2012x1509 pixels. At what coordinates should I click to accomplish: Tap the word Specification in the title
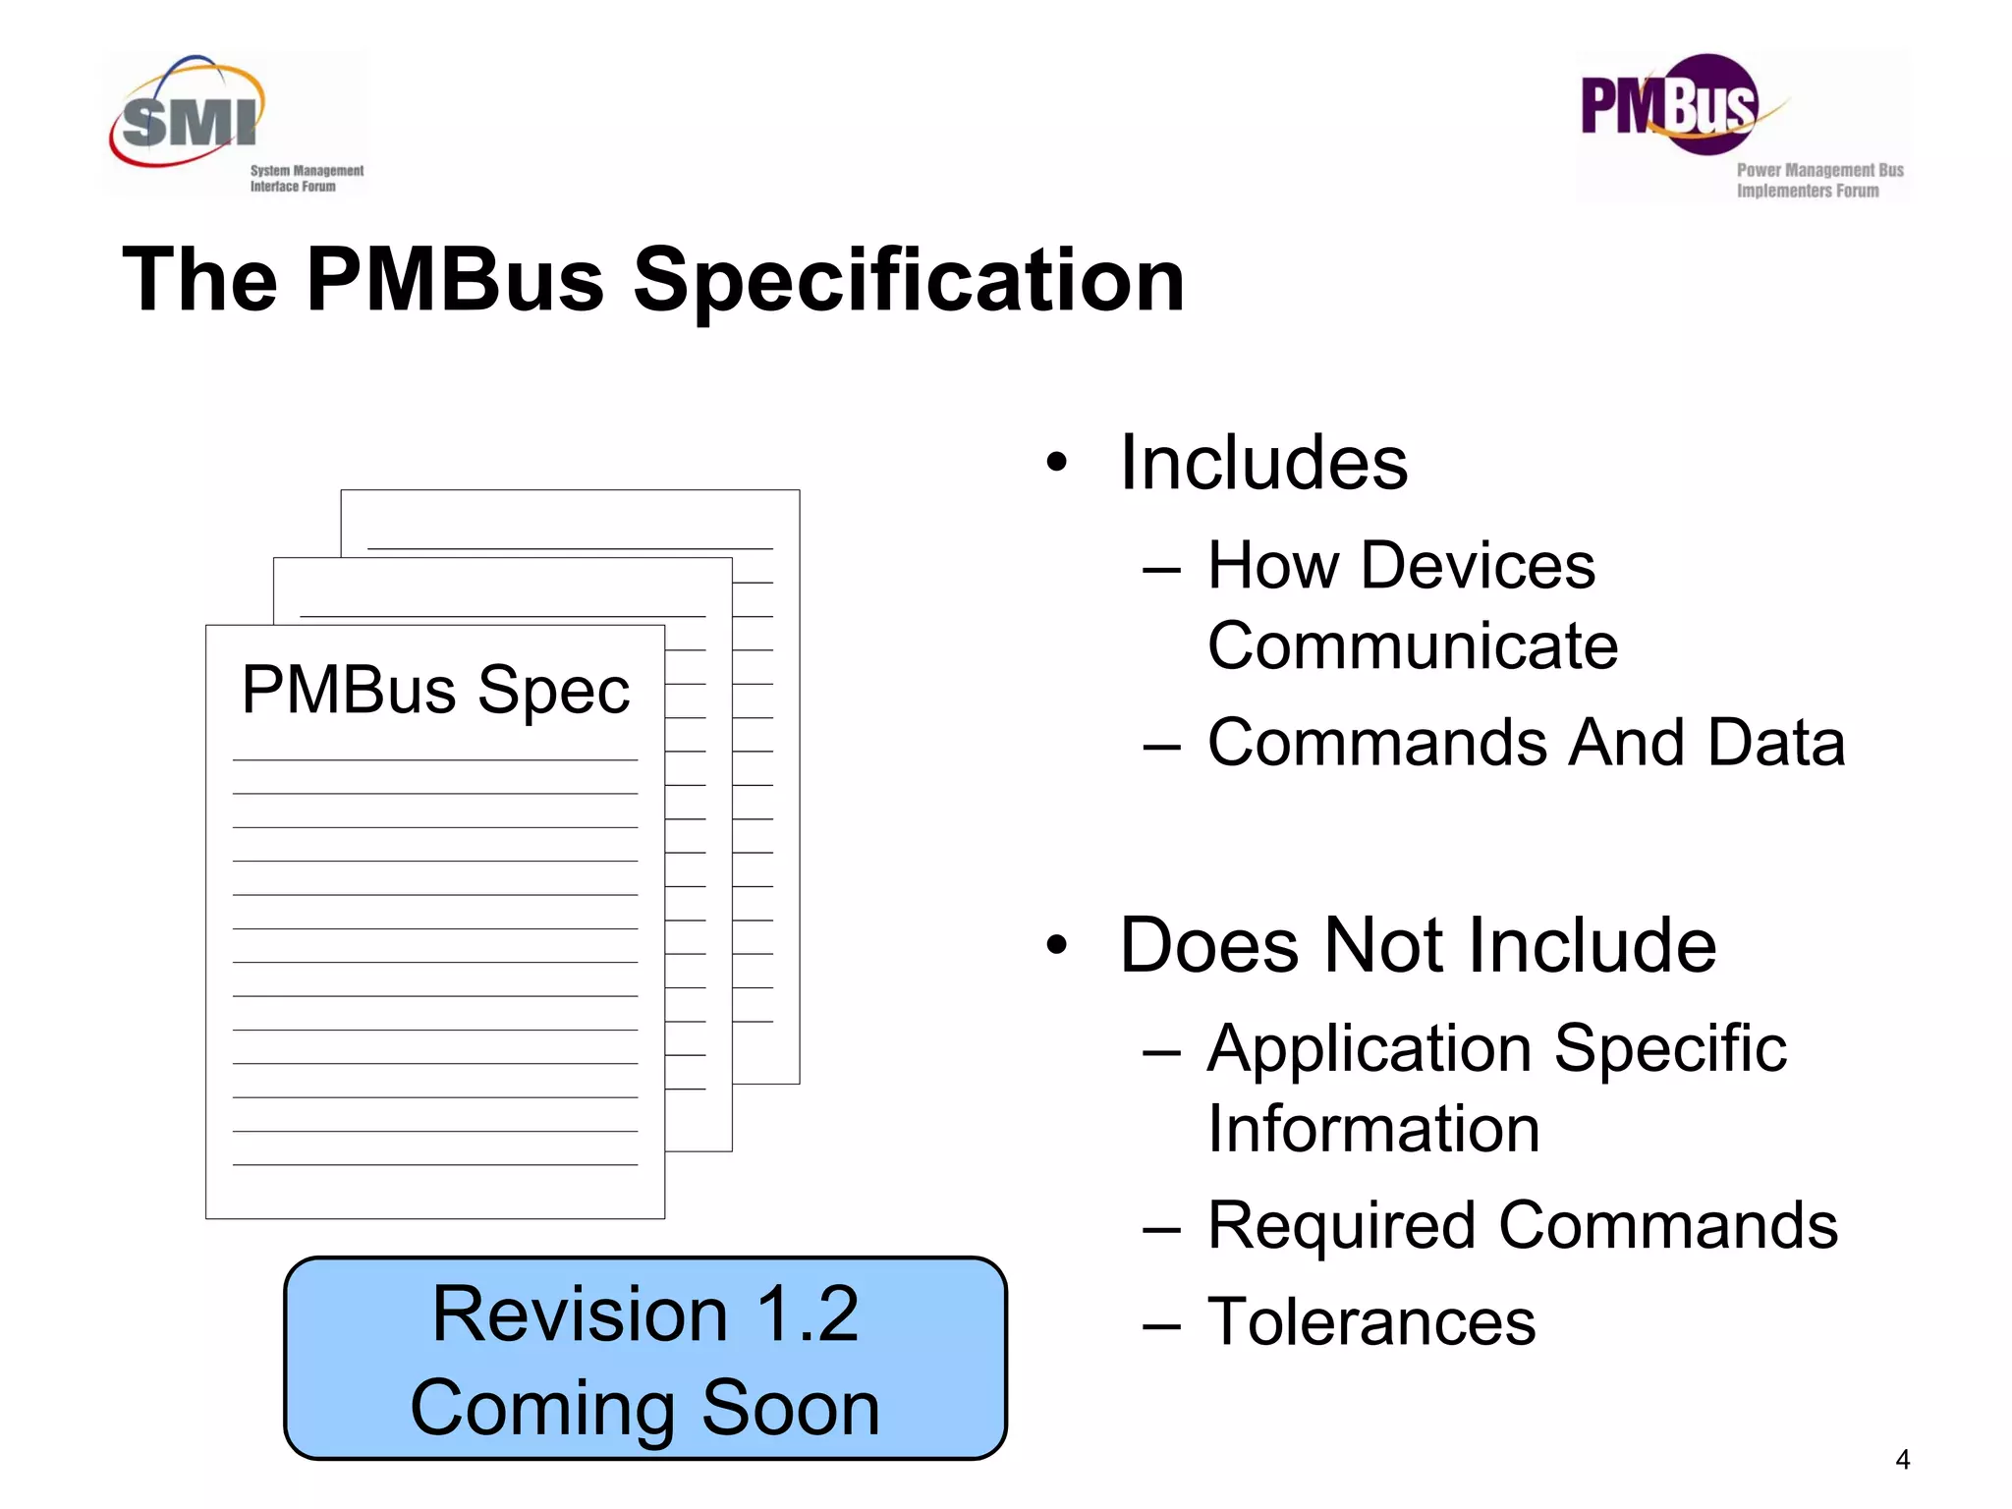[x=909, y=281]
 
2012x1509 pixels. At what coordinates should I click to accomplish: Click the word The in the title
[x=200, y=281]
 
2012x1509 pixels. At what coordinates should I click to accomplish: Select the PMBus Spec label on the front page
[x=435, y=691]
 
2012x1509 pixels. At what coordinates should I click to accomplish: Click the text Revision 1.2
[x=645, y=1314]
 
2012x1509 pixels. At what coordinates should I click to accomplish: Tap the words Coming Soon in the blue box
[x=645, y=1408]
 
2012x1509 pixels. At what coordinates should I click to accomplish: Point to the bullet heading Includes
[x=1263, y=463]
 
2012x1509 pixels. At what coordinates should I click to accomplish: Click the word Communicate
[x=1413, y=646]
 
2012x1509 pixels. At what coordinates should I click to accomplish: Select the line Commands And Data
[x=1526, y=743]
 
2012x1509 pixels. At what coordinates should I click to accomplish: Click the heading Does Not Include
[x=1418, y=945]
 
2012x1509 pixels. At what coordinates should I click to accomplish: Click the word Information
[x=1373, y=1129]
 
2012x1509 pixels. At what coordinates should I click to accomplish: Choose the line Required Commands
[x=1523, y=1226]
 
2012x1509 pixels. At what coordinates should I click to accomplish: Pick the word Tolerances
[x=1371, y=1322]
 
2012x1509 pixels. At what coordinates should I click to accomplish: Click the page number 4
[x=1902, y=1460]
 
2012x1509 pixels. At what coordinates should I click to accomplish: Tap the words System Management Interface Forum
[x=307, y=178]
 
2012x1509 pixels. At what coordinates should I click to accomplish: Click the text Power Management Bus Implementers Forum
[x=1819, y=180]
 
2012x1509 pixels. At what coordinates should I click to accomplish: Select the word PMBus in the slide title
[x=455, y=281]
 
